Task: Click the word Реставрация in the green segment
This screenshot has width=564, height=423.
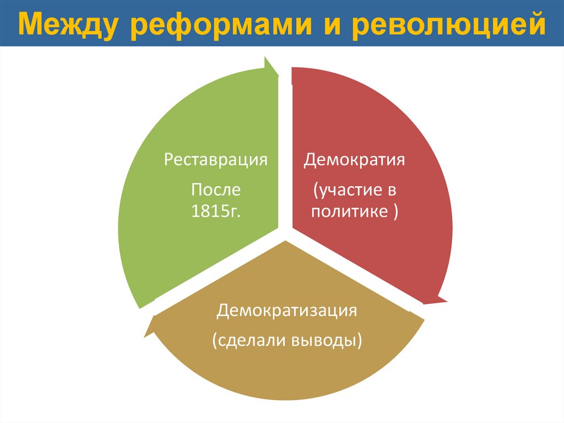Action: (x=216, y=160)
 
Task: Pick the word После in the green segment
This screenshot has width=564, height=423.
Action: (x=216, y=190)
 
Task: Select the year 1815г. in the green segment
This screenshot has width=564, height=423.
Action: (x=216, y=212)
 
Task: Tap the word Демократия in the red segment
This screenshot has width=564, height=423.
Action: (x=355, y=160)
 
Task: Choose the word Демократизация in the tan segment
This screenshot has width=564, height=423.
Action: (x=287, y=310)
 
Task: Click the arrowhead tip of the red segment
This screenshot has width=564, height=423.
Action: (x=446, y=301)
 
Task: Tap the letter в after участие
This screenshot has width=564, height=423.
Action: (x=392, y=190)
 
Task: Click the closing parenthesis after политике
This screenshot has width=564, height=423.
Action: (x=396, y=212)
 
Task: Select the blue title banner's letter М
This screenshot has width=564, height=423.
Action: (x=32, y=24)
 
